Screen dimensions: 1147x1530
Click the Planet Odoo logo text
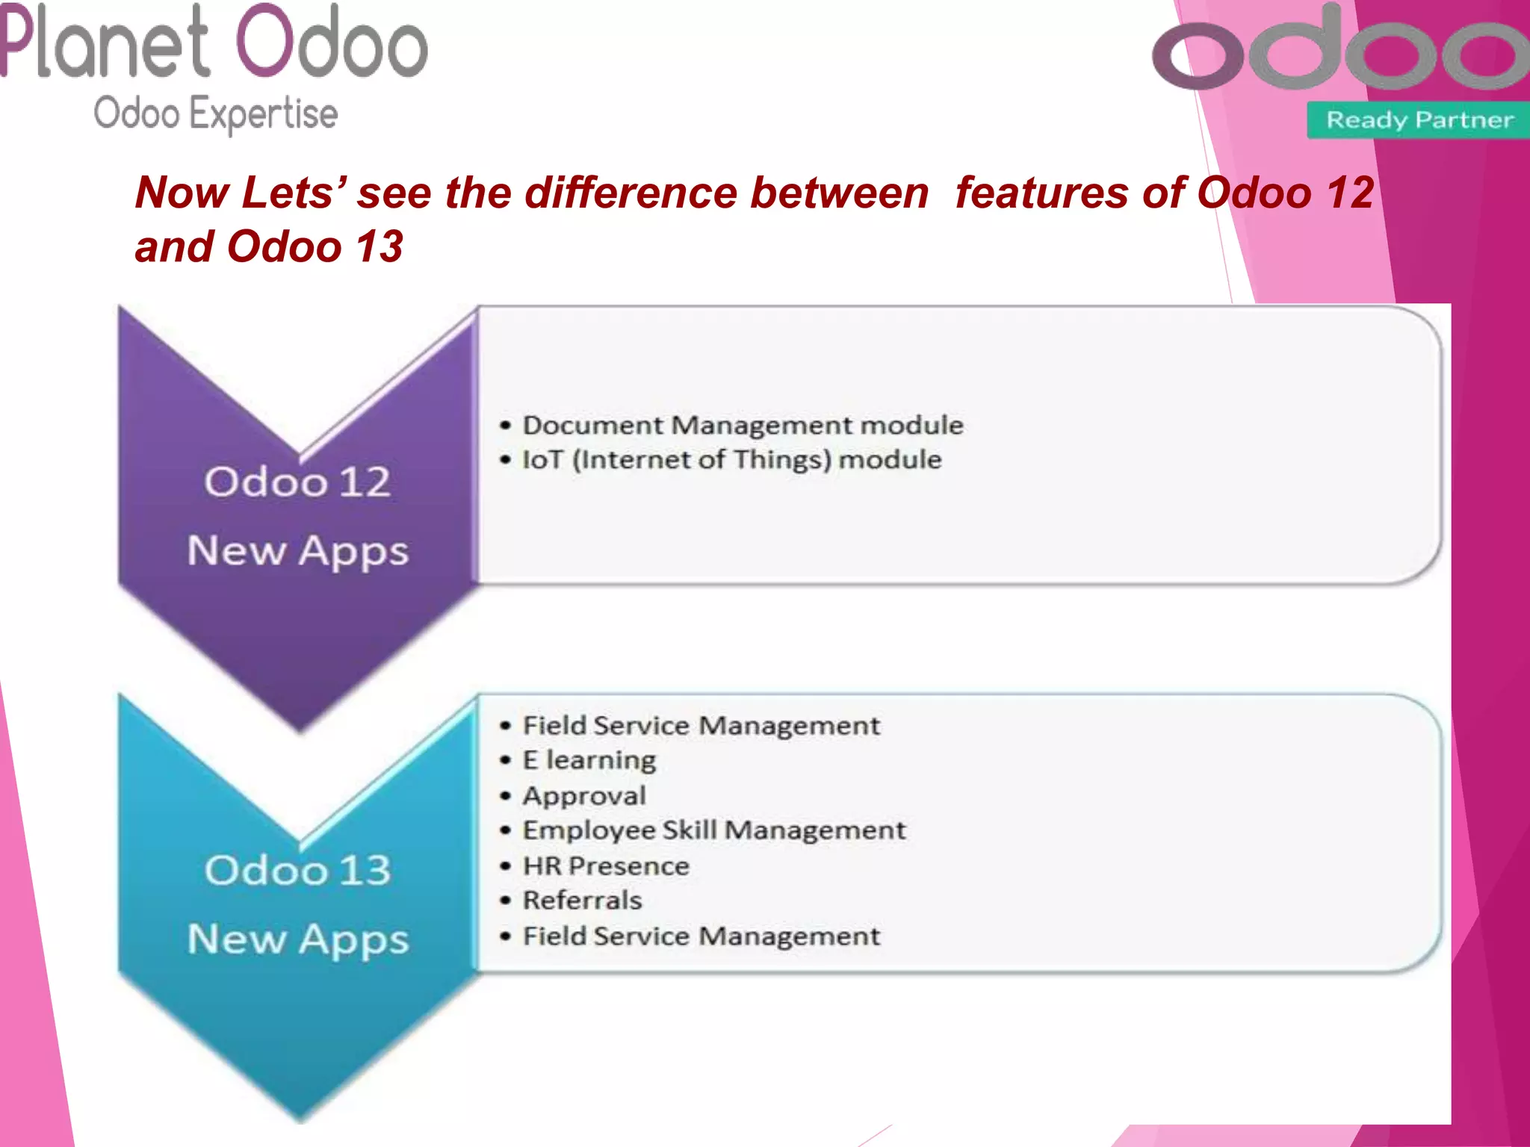[213, 43]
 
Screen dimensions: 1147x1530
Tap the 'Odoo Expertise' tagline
[215, 114]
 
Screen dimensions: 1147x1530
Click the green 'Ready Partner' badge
[1419, 120]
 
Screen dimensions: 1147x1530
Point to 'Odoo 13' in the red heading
[315, 246]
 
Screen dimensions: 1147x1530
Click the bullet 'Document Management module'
[743, 426]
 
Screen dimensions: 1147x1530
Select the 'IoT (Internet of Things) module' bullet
[731, 460]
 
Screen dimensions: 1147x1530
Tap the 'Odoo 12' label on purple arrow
[297, 482]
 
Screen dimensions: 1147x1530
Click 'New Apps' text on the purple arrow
[298, 551]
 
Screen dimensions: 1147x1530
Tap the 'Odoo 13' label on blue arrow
[297, 870]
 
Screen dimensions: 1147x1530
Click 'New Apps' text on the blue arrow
[298, 939]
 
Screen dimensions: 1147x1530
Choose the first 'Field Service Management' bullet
[701, 726]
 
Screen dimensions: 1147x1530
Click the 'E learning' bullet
[589, 760]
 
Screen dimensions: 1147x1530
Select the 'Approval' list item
[583, 795]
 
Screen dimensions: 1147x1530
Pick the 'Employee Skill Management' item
[713, 830]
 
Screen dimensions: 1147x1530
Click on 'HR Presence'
[605, 866]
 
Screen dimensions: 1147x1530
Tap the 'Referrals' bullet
[582, 901]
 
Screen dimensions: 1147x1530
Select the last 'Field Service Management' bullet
[701, 936]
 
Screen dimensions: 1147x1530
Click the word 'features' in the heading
[1043, 193]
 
